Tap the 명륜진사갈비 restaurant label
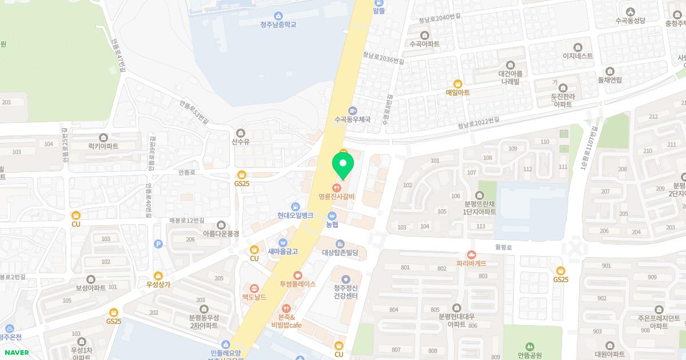pyautogui.click(x=337, y=197)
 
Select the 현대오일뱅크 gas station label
pyautogui.click(x=295, y=215)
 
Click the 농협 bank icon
pyautogui.click(x=332, y=216)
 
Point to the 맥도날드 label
pyautogui.click(x=254, y=297)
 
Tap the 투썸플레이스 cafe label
pyautogui.click(x=297, y=283)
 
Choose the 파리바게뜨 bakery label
pyautogui.click(x=472, y=263)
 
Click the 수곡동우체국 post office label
pyautogui.click(x=353, y=119)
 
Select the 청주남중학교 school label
pyautogui.click(x=278, y=24)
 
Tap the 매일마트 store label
pyautogui.click(x=457, y=91)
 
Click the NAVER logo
pyautogui.click(x=15, y=353)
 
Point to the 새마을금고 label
pyautogui.click(x=282, y=251)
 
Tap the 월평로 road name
pyautogui.click(x=504, y=247)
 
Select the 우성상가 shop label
pyautogui.click(x=158, y=284)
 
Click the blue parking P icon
pyautogui.click(x=158, y=244)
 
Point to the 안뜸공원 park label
pyautogui.click(x=529, y=354)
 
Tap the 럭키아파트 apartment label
pyautogui.click(x=103, y=146)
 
